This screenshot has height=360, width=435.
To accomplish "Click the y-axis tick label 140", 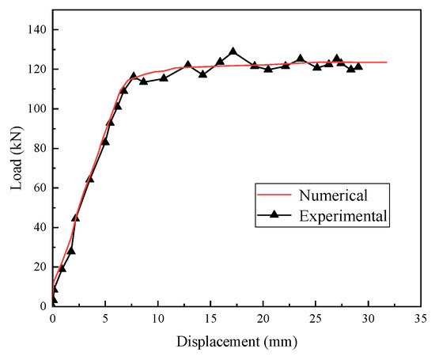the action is pyautogui.click(x=37, y=29).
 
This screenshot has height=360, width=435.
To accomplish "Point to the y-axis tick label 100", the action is pyautogui.click(x=37, y=108).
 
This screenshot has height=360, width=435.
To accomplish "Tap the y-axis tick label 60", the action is pyautogui.click(x=40, y=188).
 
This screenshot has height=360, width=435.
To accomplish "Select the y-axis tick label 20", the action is pyautogui.click(x=40, y=267).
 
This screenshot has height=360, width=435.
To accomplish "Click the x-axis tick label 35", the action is pyautogui.click(x=421, y=319).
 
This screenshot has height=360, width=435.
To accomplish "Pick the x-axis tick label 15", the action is pyautogui.click(x=210, y=319).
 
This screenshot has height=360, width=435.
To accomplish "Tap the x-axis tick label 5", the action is pyautogui.click(x=105, y=319).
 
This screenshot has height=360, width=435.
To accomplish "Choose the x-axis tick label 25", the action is pyautogui.click(x=316, y=319).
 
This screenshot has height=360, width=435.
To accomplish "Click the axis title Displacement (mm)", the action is pyautogui.click(x=237, y=342).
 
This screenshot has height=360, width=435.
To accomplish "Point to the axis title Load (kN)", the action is pyautogui.click(x=17, y=158).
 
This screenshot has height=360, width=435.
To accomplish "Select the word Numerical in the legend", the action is pyautogui.click(x=333, y=195).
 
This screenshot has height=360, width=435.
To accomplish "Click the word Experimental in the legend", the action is pyautogui.click(x=343, y=216).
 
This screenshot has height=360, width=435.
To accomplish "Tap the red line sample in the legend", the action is pyautogui.click(x=274, y=195).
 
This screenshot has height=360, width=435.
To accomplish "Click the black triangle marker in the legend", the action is pyautogui.click(x=274, y=214).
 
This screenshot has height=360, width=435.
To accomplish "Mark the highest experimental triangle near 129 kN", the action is pyautogui.click(x=233, y=51).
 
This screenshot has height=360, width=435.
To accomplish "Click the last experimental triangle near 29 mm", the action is pyautogui.click(x=358, y=66).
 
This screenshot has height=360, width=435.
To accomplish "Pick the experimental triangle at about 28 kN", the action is pyautogui.click(x=71, y=251).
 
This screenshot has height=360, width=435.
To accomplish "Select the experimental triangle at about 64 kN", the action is pyautogui.click(x=90, y=179).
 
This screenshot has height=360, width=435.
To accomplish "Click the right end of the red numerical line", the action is pyautogui.click(x=387, y=63).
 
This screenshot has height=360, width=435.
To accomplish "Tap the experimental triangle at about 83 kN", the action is pyautogui.click(x=105, y=142).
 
